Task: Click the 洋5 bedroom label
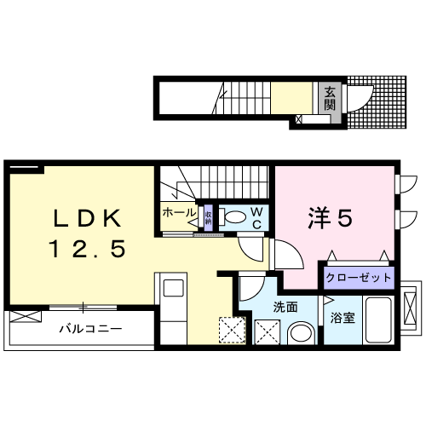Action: pyautogui.click(x=329, y=219)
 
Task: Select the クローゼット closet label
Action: pyautogui.click(x=359, y=278)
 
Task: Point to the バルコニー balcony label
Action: pyautogui.click(x=89, y=328)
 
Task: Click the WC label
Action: pyautogui.click(x=256, y=218)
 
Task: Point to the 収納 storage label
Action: pyautogui.click(x=207, y=216)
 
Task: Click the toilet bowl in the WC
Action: pyautogui.click(x=233, y=217)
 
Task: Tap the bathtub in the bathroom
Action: pyautogui.click(x=376, y=320)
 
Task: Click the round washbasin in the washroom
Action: pyautogui.click(x=299, y=331)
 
